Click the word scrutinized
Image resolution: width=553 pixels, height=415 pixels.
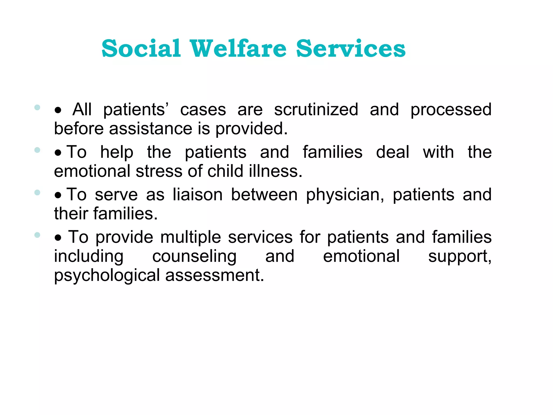pyautogui.click(x=316, y=110)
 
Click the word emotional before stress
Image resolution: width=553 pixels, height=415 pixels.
pyautogui.click(x=92, y=171)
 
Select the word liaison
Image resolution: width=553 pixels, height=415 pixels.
pyautogui.click(x=198, y=195)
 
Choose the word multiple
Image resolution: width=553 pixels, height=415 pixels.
pyautogui.click(x=191, y=237)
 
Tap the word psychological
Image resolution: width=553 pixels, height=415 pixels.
pyautogui.click(x=107, y=276)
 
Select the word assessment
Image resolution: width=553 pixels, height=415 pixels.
pyautogui.click(x=214, y=275)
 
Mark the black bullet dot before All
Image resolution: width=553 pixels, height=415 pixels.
pyautogui.click(x=58, y=110)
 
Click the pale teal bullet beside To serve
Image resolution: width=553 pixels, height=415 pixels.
pyautogui.click(x=37, y=193)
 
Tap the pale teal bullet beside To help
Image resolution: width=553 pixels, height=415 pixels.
pyautogui.click(x=37, y=150)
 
